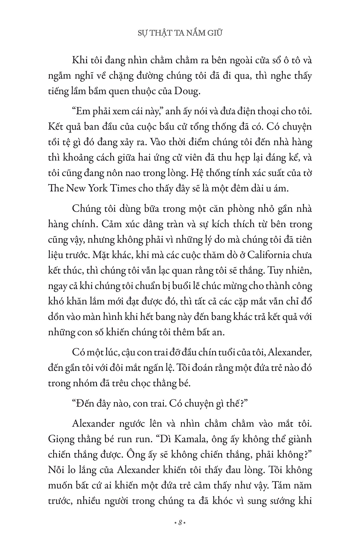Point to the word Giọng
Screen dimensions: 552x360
[x=59, y=439]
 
